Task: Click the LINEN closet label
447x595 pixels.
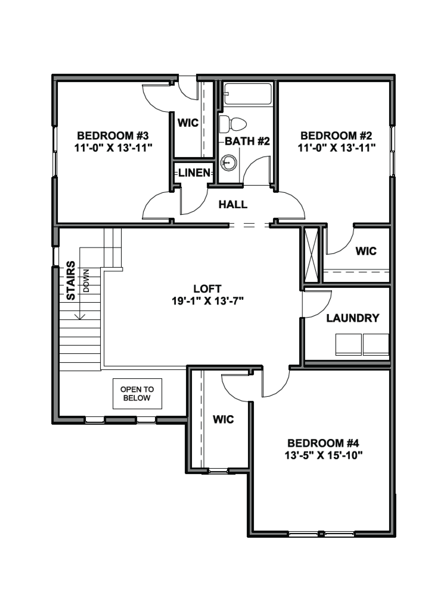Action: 194,173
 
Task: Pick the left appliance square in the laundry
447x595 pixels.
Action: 348,345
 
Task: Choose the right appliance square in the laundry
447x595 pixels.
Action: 376,345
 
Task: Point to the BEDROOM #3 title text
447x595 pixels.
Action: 113,136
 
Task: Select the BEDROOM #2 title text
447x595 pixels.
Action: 336,136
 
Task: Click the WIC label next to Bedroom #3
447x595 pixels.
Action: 188,123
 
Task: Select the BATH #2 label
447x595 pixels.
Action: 247,141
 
